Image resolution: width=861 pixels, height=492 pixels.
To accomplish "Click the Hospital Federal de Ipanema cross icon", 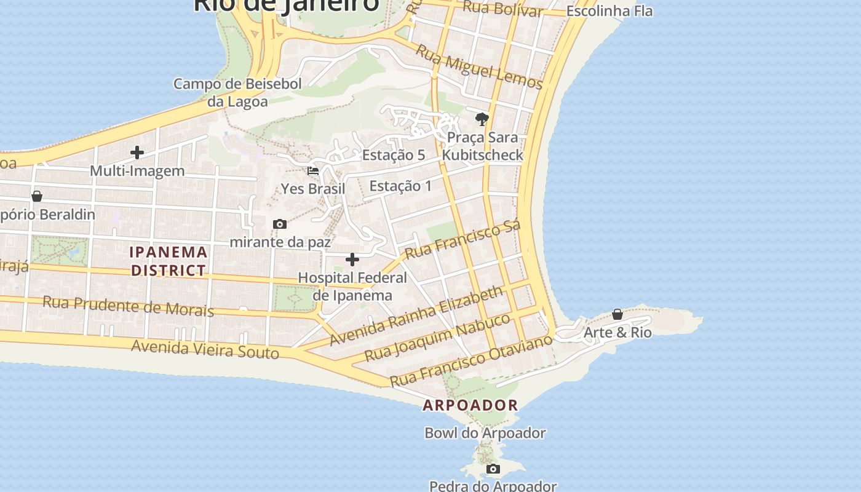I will [352, 260].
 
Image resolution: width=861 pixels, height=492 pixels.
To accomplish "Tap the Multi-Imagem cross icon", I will [137, 153].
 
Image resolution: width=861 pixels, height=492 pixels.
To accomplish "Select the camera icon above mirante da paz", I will [280, 224].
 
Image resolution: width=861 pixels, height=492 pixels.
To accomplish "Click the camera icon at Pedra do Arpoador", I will [493, 469].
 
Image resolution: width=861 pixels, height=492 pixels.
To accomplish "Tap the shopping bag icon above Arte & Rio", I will [617, 315].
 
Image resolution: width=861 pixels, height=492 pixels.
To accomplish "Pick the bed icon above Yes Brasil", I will [313, 171].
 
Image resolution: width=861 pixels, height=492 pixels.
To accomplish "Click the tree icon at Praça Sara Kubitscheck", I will [482, 119].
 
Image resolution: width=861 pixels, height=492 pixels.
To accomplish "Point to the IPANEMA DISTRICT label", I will [168, 261].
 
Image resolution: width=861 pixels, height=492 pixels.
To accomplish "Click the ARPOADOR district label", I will [470, 405].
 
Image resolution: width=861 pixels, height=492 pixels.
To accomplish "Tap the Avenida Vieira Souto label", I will [205, 349].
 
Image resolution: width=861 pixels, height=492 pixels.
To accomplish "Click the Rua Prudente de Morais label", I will [128, 306].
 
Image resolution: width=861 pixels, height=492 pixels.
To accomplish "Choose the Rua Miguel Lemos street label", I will [479, 67].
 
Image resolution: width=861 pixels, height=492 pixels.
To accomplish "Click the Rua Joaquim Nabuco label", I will [437, 338].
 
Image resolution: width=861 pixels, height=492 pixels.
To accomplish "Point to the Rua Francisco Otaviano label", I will [471, 361].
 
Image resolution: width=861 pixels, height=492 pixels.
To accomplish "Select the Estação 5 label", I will [394, 155].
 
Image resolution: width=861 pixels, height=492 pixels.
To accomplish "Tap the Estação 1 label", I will [400, 186].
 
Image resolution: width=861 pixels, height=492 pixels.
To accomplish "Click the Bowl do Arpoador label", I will [485, 433].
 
